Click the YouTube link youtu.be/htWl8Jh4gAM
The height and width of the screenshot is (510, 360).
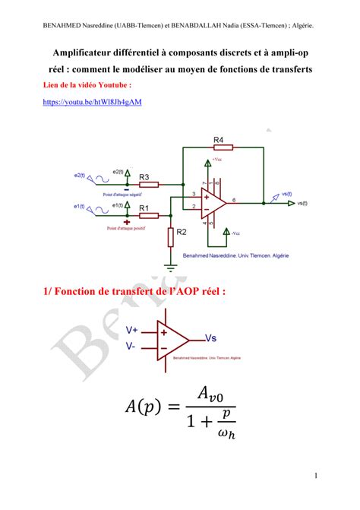coord(93,101)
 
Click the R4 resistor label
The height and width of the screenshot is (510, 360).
coord(218,140)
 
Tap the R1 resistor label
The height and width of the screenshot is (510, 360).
coord(144,207)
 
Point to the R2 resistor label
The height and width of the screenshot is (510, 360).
coord(181,233)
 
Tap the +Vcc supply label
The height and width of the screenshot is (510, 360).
coord(218,160)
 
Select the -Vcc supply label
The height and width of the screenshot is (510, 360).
coord(236,233)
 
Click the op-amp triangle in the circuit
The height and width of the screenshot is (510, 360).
coord(213,201)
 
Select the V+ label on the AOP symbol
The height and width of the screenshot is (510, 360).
coord(132,330)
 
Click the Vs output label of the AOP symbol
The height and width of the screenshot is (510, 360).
coord(214,337)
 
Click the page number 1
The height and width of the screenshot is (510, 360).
coord(314,476)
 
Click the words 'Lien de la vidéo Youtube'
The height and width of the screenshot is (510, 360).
coord(87,85)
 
